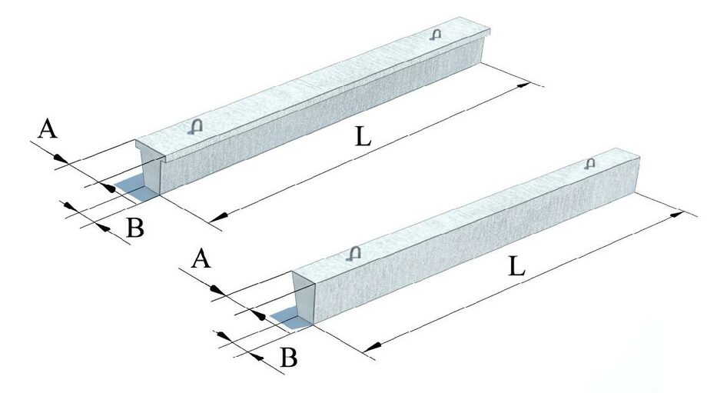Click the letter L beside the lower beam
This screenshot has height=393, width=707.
click(516, 267)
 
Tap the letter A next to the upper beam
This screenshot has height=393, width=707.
click(48, 130)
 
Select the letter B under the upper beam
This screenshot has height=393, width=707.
click(134, 228)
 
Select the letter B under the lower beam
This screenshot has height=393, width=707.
click(287, 357)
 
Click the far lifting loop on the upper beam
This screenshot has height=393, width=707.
click(436, 34)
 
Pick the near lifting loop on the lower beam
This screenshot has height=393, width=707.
click(353, 252)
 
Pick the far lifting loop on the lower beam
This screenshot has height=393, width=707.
click(590, 163)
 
